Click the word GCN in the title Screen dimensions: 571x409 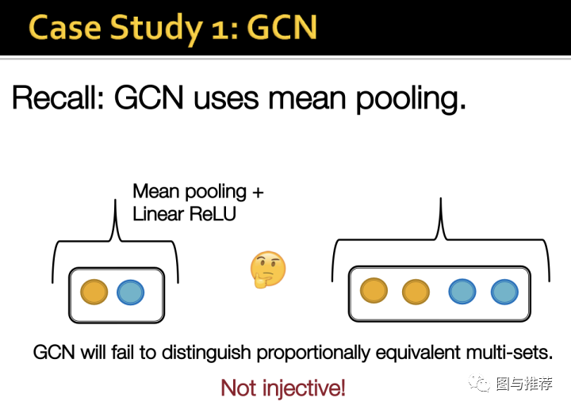[x=281, y=28]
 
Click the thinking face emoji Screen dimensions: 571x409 [x=267, y=271]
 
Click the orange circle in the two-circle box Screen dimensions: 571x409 [x=94, y=292]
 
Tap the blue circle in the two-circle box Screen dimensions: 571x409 [x=130, y=292]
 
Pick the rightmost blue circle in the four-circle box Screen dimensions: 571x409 [x=504, y=292]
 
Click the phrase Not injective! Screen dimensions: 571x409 [x=283, y=388]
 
